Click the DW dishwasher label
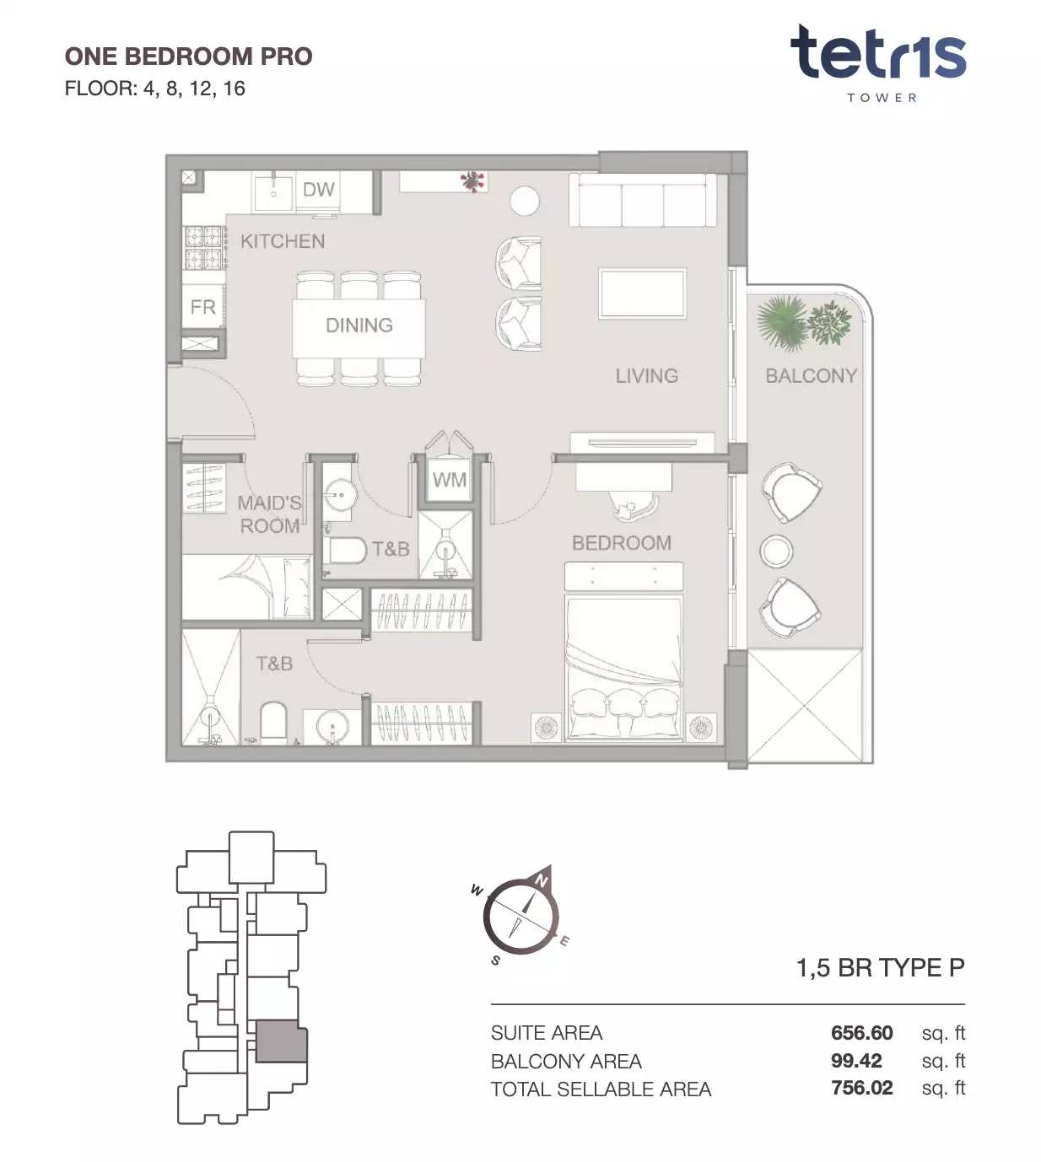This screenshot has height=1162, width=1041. [319, 189]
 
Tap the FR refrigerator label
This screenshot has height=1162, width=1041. [203, 307]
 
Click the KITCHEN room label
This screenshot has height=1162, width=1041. [283, 241]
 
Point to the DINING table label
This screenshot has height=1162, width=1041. [359, 325]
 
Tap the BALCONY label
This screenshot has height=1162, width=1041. [811, 376]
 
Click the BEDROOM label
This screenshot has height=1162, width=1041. [622, 542]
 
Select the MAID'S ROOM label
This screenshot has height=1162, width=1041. [269, 514]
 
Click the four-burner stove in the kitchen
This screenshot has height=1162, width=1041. [203, 248]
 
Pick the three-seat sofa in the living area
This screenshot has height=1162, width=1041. [642, 200]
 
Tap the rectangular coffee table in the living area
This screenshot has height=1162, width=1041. [642, 293]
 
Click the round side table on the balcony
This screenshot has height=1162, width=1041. [776, 551]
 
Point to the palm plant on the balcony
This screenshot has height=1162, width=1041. [782, 322]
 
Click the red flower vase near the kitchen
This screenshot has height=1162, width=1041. [472, 181]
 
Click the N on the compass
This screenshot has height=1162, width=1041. [541, 880]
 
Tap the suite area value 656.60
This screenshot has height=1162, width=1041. [861, 1032]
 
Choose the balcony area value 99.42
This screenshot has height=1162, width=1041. [855, 1061]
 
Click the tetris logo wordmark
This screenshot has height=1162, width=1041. [878, 52]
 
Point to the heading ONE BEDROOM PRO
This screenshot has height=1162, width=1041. [188, 56]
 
